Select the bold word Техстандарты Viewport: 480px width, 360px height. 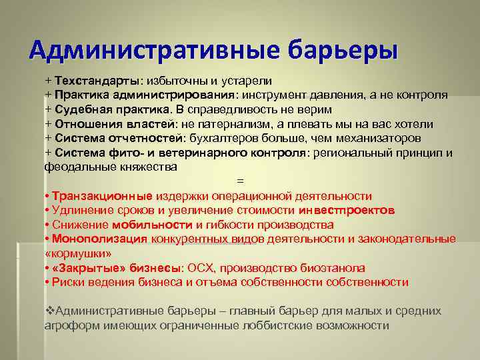coord(97,80)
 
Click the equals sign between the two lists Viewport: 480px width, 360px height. coord(241,181)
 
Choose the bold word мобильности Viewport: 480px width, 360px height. coord(152,225)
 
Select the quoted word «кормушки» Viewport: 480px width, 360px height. coord(78,254)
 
